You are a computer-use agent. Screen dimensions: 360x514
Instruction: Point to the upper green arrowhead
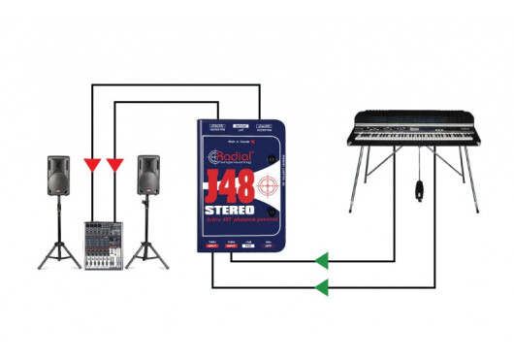321,260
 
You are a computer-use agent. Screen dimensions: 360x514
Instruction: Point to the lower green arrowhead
321,287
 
